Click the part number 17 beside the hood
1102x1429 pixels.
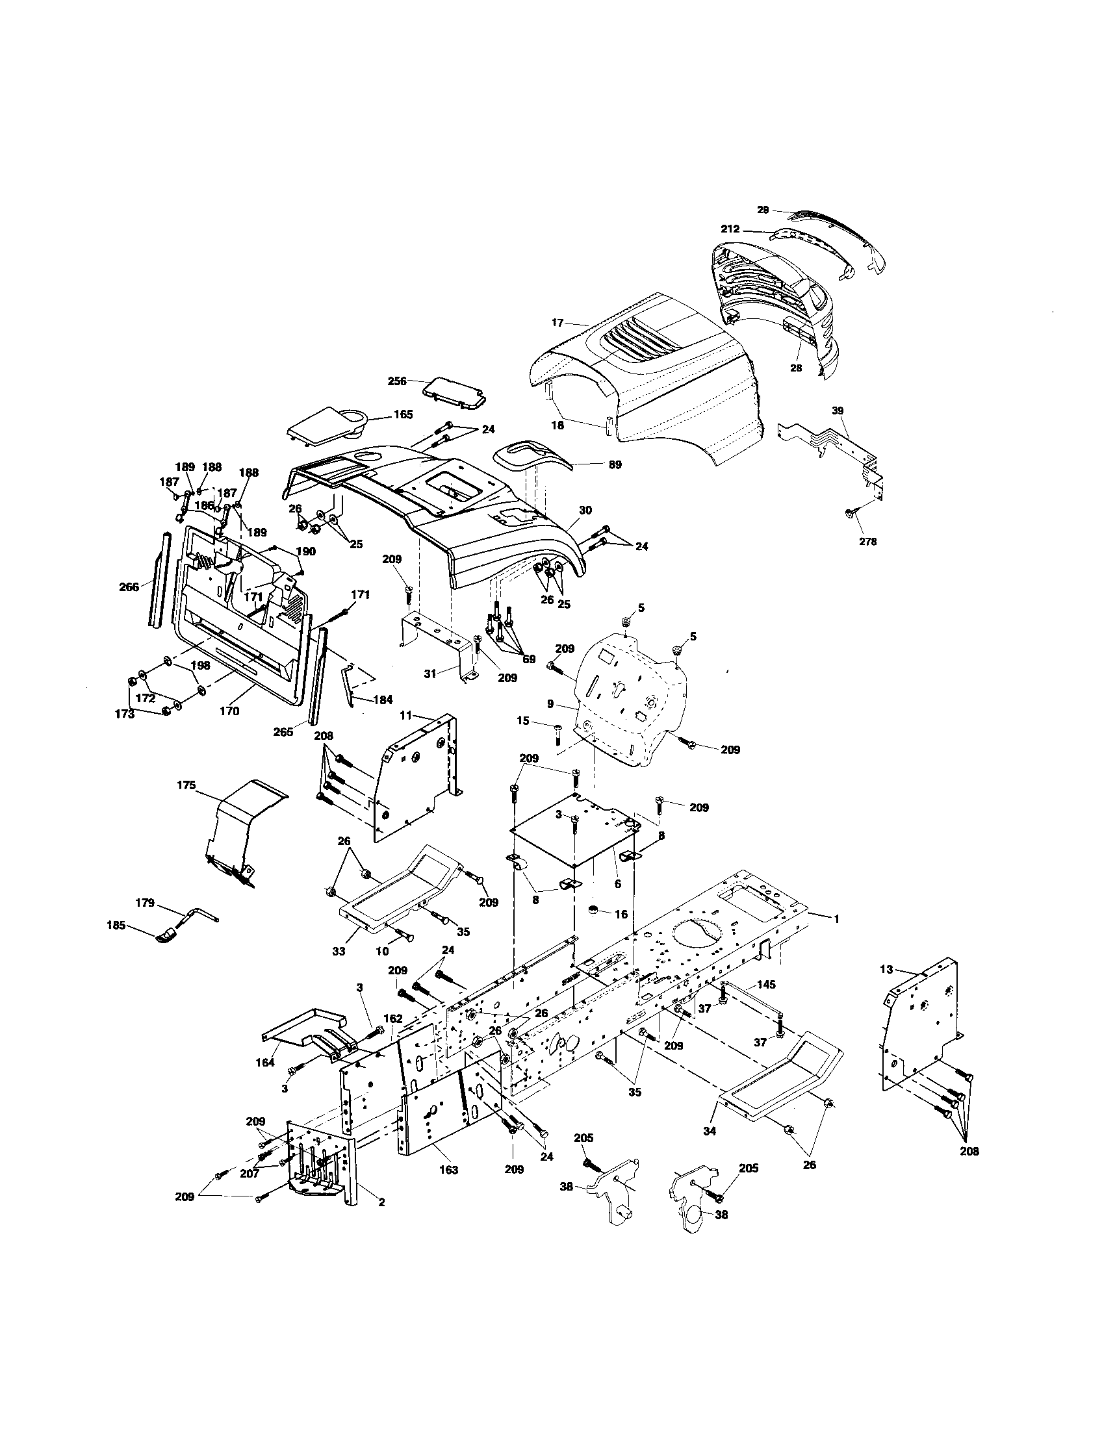click(557, 323)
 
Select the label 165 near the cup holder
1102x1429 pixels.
click(403, 414)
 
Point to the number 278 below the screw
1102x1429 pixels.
click(867, 541)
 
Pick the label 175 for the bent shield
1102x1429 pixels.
click(186, 785)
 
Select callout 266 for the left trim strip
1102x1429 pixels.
click(129, 587)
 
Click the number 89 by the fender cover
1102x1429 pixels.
click(615, 464)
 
